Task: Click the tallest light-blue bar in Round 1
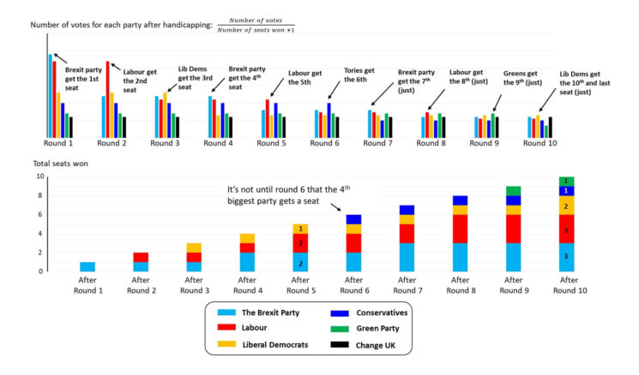[x=51, y=95]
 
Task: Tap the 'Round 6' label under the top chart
[x=325, y=143]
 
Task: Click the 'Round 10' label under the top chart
[x=538, y=143]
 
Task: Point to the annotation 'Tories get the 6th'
[x=359, y=75]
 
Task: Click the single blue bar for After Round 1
[x=87, y=266]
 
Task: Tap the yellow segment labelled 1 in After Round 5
[x=299, y=229]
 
